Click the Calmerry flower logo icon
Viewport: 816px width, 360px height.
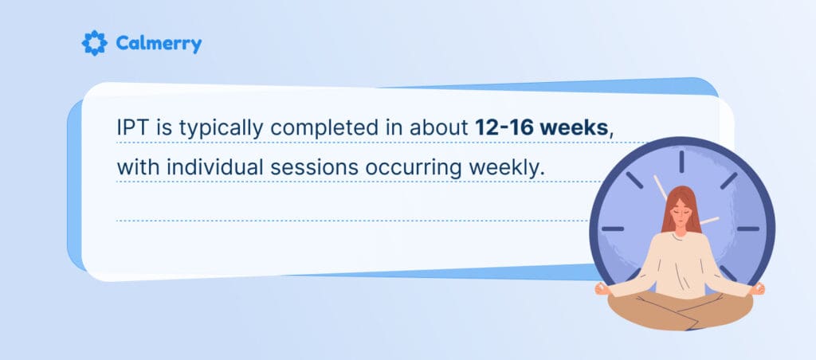94,43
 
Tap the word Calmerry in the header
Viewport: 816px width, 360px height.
159,44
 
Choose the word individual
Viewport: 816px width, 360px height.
209,167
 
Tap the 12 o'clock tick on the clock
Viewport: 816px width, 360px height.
681,162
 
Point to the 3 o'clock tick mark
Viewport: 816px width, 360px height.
748,229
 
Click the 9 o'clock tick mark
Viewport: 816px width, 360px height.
613,229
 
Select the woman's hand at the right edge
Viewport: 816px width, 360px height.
758,289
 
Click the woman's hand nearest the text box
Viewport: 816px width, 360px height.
602,289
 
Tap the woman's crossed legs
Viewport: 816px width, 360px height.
680,310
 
